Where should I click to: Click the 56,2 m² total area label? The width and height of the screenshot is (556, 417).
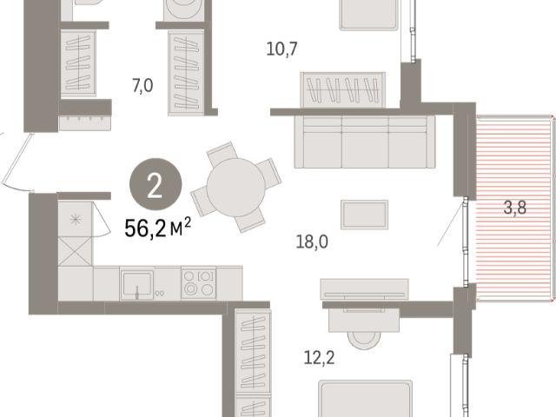click(x=158, y=228)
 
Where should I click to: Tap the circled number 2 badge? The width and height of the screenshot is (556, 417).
click(x=156, y=184)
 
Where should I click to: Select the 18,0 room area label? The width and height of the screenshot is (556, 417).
click(x=312, y=242)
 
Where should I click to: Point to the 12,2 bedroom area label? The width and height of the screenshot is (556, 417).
click(x=319, y=358)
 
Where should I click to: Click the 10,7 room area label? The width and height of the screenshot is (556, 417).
click(x=281, y=49)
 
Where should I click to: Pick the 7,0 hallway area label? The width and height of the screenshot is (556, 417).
click(x=142, y=86)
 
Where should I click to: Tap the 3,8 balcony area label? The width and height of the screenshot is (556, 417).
click(x=515, y=208)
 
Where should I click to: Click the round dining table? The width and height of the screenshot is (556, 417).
click(x=236, y=188)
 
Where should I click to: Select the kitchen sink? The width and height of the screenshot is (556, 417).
click(x=137, y=284)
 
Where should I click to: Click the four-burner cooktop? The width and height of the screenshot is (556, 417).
click(x=198, y=283)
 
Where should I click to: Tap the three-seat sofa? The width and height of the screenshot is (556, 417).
click(x=365, y=142)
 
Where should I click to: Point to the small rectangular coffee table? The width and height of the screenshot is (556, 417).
click(x=365, y=215)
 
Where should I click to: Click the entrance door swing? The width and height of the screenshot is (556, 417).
click(x=16, y=162)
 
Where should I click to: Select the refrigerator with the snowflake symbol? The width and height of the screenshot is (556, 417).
click(x=76, y=219)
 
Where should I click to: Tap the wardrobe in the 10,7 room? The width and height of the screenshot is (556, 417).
click(x=343, y=90)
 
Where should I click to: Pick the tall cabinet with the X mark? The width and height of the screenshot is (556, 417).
click(x=75, y=251)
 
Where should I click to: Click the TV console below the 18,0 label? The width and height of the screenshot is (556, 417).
click(x=364, y=289)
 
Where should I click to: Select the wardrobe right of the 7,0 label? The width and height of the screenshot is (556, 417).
click(x=186, y=73)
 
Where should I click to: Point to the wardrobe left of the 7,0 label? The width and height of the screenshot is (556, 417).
click(x=78, y=63)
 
